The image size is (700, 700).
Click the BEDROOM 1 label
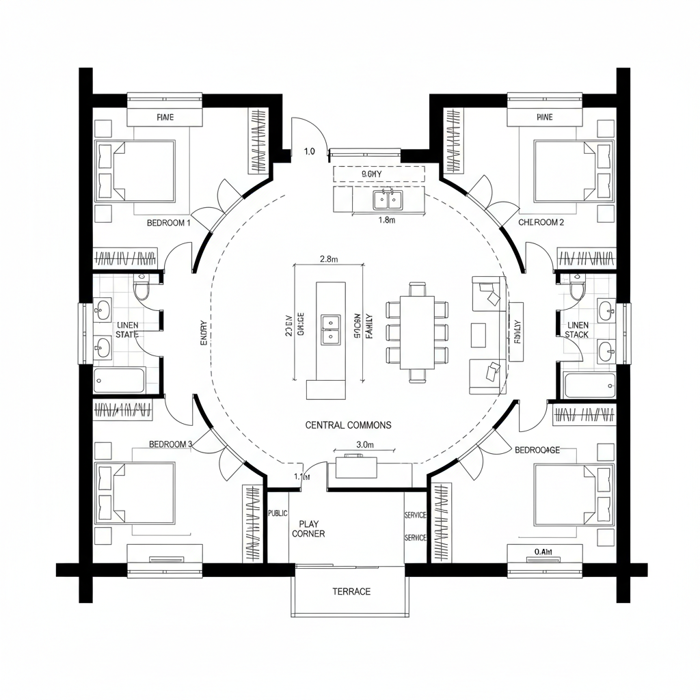(168, 223)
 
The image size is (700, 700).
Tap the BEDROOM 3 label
(171, 444)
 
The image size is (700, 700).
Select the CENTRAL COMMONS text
(348, 425)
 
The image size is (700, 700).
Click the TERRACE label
(351, 591)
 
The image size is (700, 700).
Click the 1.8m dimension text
(388, 220)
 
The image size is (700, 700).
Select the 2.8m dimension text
(329, 259)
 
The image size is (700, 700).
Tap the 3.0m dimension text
(365, 444)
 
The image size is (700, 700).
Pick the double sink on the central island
(330, 328)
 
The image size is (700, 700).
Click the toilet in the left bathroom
(142, 291)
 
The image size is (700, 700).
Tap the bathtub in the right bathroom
(591, 385)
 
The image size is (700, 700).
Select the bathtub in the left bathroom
(120, 381)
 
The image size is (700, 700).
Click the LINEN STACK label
(577, 329)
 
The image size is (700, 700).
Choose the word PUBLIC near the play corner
(278, 513)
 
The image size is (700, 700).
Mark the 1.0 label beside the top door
(308, 152)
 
